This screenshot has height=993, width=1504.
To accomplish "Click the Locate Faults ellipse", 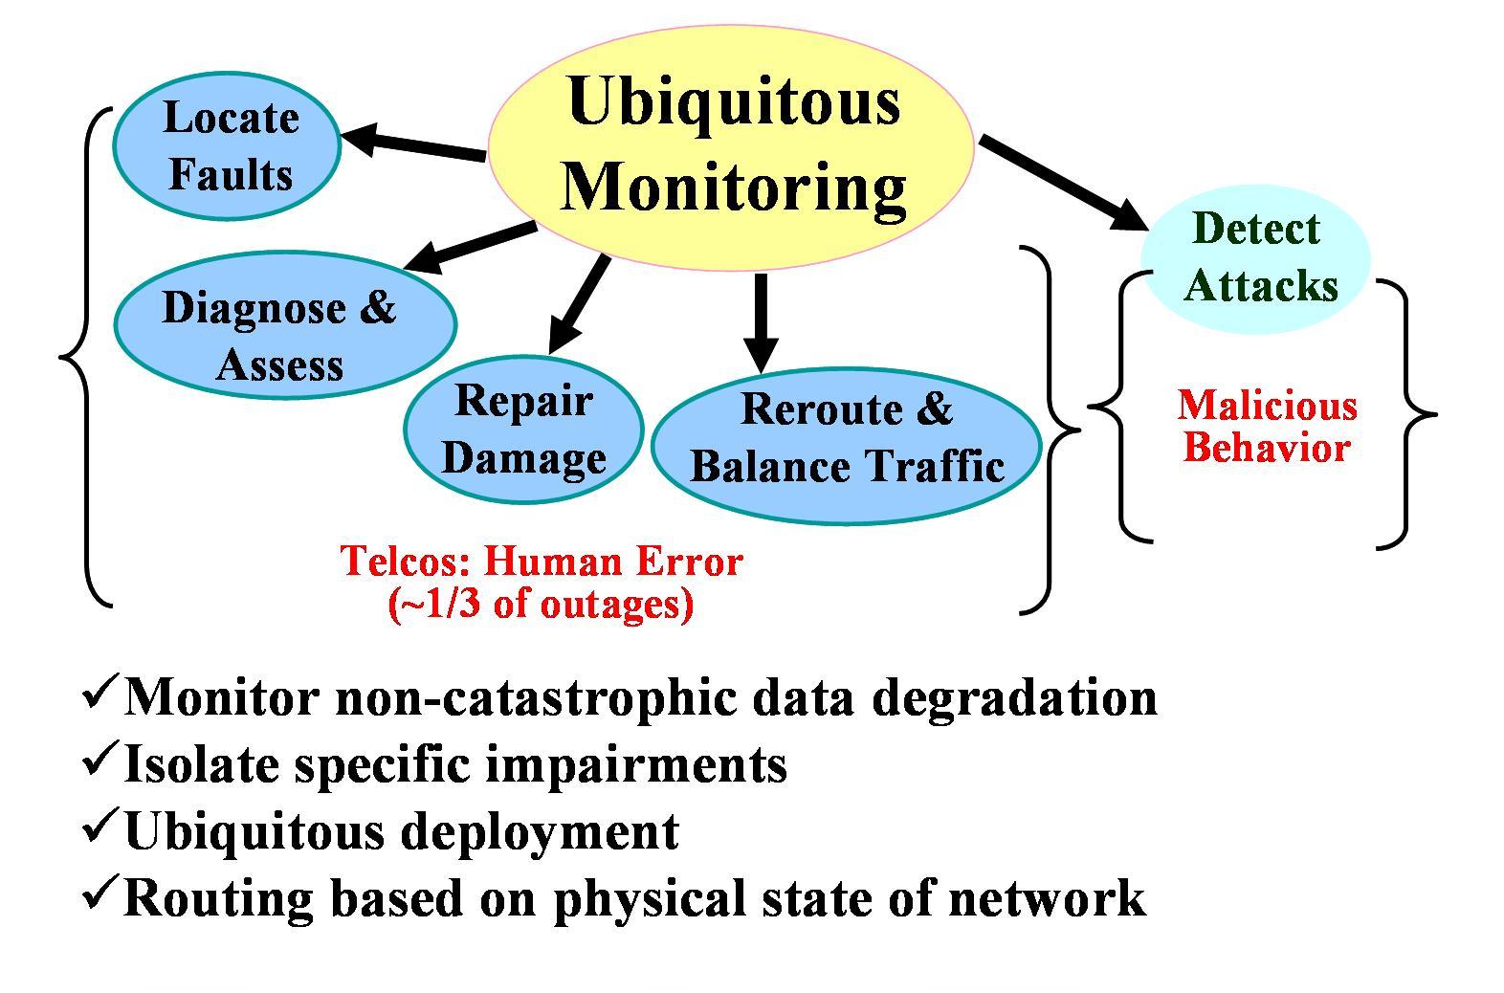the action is point(227,146).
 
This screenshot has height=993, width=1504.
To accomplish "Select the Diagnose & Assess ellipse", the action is point(285,325).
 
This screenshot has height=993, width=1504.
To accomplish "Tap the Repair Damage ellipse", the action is point(523,429).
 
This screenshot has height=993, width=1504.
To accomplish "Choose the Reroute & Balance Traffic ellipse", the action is point(847,446).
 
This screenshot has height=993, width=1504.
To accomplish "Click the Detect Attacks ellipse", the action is point(1255,259).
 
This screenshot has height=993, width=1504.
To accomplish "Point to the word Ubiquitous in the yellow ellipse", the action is point(734,102).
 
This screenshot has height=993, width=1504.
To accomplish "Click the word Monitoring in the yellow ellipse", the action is point(733,188).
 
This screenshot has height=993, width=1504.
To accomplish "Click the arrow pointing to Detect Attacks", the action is point(1064,183).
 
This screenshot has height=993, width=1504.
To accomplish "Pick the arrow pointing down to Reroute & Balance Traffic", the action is point(761,323).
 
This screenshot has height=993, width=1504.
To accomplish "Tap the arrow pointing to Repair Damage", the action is point(579,303).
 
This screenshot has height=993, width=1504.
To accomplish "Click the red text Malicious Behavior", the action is point(1267,426).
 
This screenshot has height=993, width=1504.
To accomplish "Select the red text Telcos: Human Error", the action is point(542,562).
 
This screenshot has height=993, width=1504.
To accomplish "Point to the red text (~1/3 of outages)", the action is point(542,605).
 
